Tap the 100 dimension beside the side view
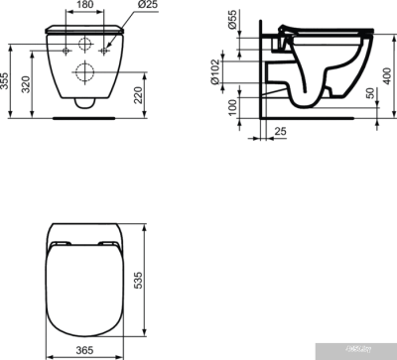pyautogui.click(x=231, y=107)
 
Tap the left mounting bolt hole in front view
pyautogui.click(x=63, y=49)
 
